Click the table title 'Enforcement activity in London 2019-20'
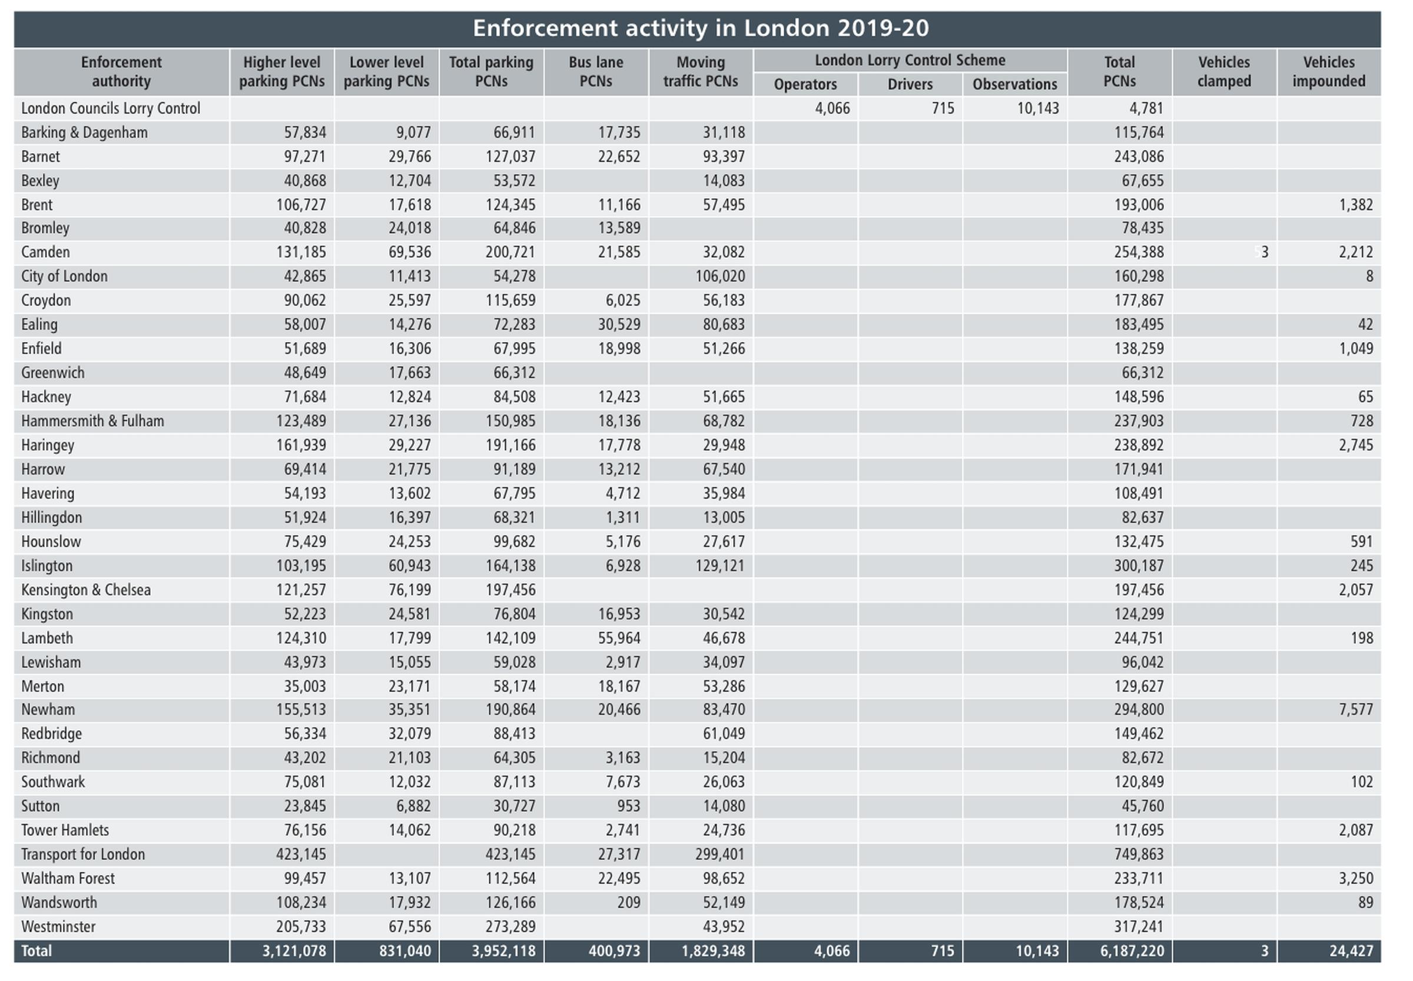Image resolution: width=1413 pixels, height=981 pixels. [x=701, y=28]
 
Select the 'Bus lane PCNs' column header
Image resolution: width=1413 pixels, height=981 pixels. [x=596, y=71]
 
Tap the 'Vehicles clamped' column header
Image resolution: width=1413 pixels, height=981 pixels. [x=1223, y=71]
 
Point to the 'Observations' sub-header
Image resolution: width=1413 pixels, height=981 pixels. [x=1015, y=84]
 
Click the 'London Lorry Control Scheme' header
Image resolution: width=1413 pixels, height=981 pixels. [x=910, y=60]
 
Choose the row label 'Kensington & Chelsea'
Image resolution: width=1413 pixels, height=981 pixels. [x=85, y=589]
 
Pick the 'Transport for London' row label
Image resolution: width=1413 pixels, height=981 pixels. [x=83, y=854]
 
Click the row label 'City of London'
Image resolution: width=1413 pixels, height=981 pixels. [x=64, y=276]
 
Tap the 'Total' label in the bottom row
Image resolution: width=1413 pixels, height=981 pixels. [x=37, y=950]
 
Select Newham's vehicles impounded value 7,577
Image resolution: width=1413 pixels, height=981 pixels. [x=1356, y=710]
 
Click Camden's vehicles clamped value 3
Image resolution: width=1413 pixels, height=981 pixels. [x=1264, y=252]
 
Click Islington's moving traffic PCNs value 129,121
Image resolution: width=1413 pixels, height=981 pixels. [x=719, y=565]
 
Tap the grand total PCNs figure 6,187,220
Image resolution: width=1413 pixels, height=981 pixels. [x=1132, y=950]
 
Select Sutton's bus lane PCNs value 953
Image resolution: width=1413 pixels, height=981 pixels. [x=628, y=806]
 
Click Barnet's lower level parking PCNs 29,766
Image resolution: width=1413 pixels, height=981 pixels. [x=409, y=156]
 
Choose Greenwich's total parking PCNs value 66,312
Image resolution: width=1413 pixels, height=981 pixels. [x=514, y=373]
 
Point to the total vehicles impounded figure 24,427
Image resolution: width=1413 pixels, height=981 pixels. [x=1351, y=950]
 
